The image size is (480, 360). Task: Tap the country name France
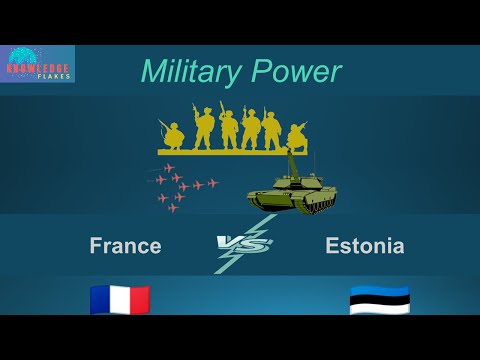click(125, 245)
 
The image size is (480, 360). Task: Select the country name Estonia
click(365, 245)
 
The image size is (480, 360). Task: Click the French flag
click(120, 299)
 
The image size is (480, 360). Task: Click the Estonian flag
click(380, 300)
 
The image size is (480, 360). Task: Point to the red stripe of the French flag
click(140, 299)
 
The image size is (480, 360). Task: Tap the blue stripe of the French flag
click(100, 299)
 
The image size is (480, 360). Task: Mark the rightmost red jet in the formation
click(212, 183)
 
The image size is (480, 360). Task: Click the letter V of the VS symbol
click(228, 242)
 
